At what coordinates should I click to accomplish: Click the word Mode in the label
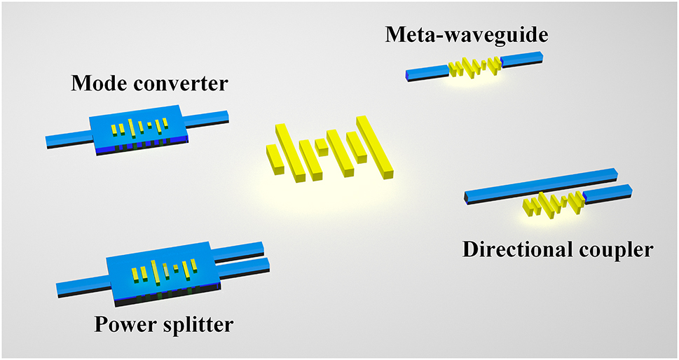[98, 85]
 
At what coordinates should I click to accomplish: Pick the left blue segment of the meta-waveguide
[427, 72]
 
